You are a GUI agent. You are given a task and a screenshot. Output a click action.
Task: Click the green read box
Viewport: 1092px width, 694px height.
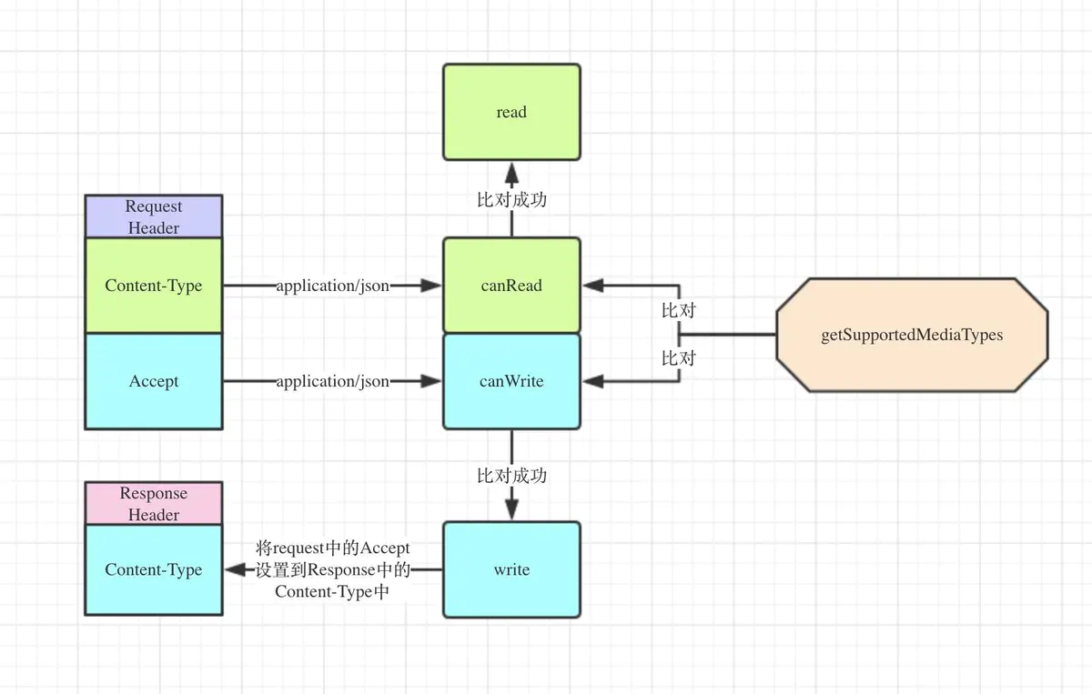tap(511, 112)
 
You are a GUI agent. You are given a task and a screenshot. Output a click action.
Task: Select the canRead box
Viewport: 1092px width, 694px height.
tap(511, 286)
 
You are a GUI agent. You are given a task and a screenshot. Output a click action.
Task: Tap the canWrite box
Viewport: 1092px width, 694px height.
tap(511, 381)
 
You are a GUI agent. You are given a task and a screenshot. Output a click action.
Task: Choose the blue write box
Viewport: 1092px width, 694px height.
tap(511, 569)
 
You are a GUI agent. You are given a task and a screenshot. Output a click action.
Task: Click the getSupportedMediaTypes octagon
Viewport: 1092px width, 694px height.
tap(912, 335)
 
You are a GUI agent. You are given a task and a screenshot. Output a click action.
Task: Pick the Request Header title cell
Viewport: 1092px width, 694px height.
tap(153, 216)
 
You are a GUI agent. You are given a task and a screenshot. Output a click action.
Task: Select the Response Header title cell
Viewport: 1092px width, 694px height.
tap(153, 504)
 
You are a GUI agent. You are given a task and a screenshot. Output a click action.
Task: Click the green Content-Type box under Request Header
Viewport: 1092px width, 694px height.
tap(153, 286)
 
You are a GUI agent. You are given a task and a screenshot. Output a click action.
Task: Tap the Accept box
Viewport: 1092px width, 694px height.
tap(153, 381)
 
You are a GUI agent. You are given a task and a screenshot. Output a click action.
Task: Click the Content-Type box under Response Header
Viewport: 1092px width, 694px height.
tap(153, 570)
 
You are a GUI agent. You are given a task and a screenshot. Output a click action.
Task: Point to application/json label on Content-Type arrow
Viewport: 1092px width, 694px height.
tap(333, 286)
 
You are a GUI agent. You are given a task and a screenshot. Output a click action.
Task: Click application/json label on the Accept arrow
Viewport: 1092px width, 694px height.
tap(333, 381)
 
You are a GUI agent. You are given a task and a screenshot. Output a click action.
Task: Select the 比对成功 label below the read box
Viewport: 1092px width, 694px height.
tap(511, 199)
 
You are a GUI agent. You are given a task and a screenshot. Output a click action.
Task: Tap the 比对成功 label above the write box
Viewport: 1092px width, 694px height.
tap(511, 475)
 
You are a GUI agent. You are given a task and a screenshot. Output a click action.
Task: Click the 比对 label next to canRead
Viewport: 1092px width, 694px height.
tap(678, 310)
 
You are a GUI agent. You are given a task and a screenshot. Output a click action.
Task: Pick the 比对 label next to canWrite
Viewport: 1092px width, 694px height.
tap(678, 358)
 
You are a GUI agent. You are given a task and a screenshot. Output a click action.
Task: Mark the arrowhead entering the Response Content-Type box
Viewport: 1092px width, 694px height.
tap(235, 570)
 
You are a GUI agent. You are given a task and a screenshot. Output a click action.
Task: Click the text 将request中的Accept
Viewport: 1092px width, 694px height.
tap(333, 548)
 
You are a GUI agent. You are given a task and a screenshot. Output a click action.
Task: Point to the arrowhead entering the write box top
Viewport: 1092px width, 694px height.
tap(511, 510)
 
